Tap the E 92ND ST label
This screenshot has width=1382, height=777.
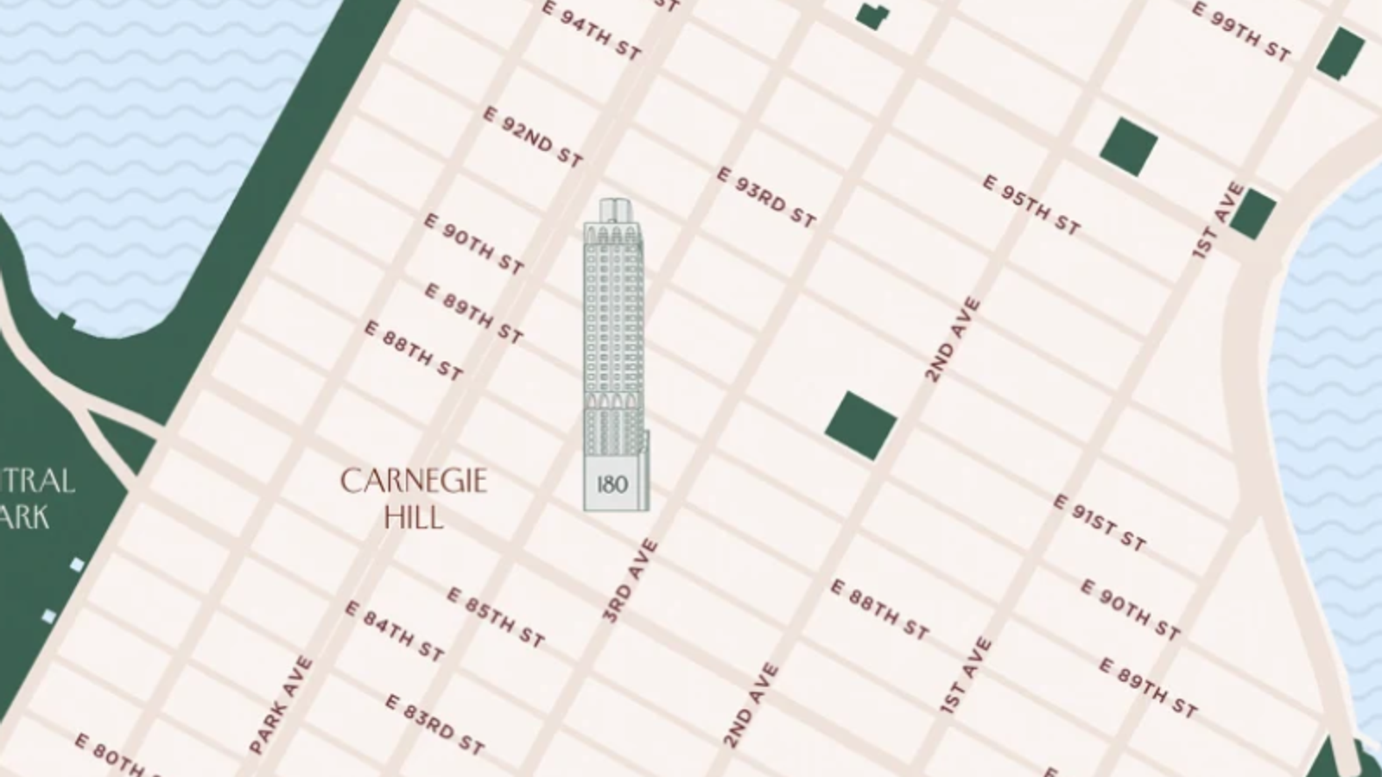click(x=532, y=137)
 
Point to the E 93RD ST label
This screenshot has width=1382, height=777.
click(x=766, y=198)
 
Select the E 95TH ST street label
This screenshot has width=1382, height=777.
click(x=1031, y=205)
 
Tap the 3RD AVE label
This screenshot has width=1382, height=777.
click(x=631, y=580)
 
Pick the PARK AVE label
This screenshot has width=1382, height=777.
click(x=281, y=705)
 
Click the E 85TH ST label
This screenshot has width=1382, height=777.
click(x=496, y=617)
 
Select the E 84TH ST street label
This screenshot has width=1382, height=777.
click(x=395, y=631)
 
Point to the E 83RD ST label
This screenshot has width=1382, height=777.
click(x=434, y=724)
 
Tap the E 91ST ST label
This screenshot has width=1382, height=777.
click(x=1099, y=523)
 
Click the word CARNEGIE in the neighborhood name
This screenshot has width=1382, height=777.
click(x=414, y=482)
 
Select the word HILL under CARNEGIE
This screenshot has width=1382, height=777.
click(x=414, y=518)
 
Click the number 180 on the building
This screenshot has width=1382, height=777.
click(x=612, y=484)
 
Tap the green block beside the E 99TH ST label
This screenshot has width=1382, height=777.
click(x=1340, y=52)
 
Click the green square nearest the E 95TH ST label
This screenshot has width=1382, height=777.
click(x=1128, y=147)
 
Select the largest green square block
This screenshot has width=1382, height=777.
click(x=860, y=425)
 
